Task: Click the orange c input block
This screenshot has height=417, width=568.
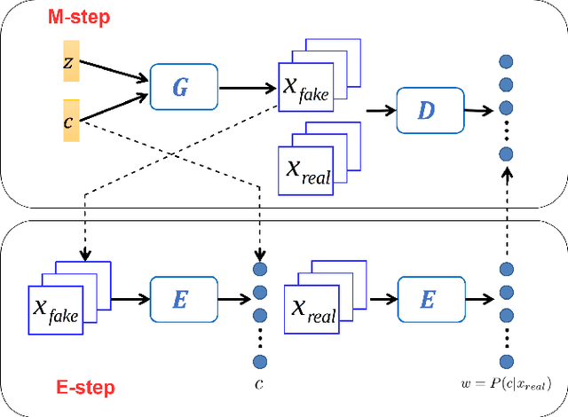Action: coord(71,120)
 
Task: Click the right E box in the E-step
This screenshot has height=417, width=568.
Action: coord(428,301)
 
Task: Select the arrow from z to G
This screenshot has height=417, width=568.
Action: coord(114,75)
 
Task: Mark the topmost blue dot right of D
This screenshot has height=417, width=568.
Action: coord(506,61)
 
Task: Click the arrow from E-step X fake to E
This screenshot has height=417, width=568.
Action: coord(128,301)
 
